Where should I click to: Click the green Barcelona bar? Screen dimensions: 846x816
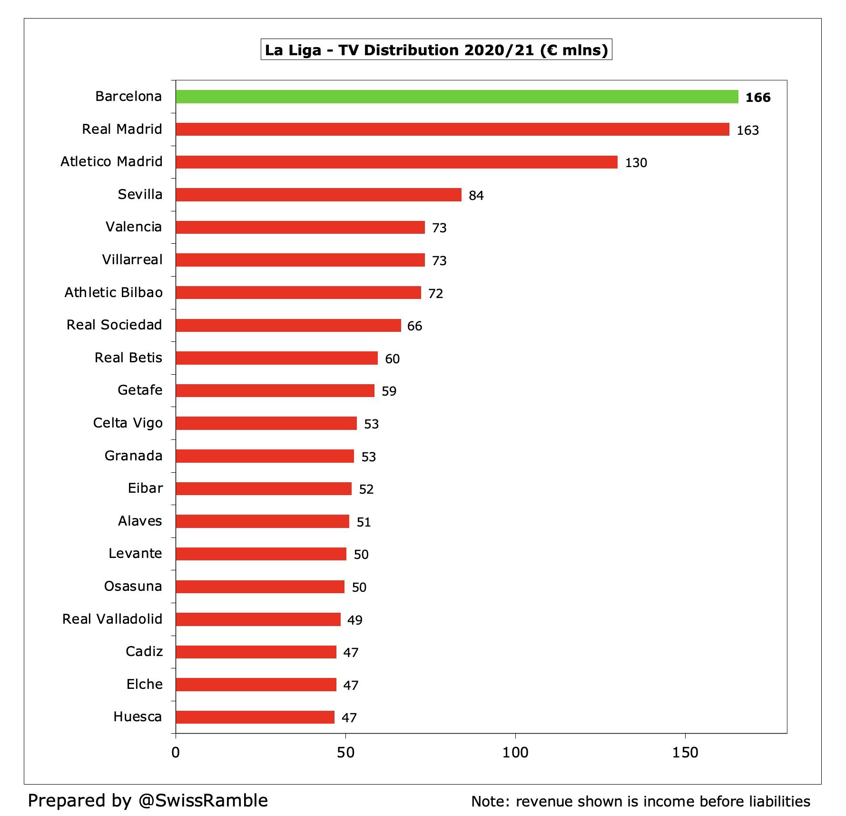457,97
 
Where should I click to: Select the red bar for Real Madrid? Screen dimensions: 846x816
453,129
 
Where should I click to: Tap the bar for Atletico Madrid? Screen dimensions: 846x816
397,162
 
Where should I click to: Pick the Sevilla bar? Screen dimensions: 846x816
319,195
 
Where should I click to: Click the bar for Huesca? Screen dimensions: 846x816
255,717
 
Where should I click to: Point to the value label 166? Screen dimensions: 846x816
758,98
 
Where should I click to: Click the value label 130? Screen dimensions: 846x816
636,163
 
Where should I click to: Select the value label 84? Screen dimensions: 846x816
476,196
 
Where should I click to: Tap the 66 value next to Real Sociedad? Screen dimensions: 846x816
415,326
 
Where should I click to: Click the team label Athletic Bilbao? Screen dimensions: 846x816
114,292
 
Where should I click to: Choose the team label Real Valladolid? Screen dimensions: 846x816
112,619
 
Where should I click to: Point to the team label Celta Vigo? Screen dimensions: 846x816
128,423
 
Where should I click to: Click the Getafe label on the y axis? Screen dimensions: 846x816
140,390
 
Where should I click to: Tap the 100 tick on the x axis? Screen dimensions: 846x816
516,753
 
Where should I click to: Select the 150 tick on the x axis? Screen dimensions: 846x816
686,753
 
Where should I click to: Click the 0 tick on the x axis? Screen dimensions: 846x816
176,753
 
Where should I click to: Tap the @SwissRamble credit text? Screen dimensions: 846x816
203,800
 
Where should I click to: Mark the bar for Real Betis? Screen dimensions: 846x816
277,358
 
